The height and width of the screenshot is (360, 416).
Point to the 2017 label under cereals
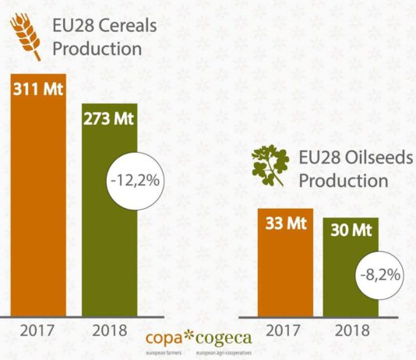click(x=37, y=331)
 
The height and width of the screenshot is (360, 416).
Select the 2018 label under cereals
click(x=110, y=331)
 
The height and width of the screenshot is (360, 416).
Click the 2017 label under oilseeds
click(x=285, y=331)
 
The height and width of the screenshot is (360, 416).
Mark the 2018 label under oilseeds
click(x=351, y=331)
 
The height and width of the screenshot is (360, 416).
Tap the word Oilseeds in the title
click(x=379, y=157)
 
